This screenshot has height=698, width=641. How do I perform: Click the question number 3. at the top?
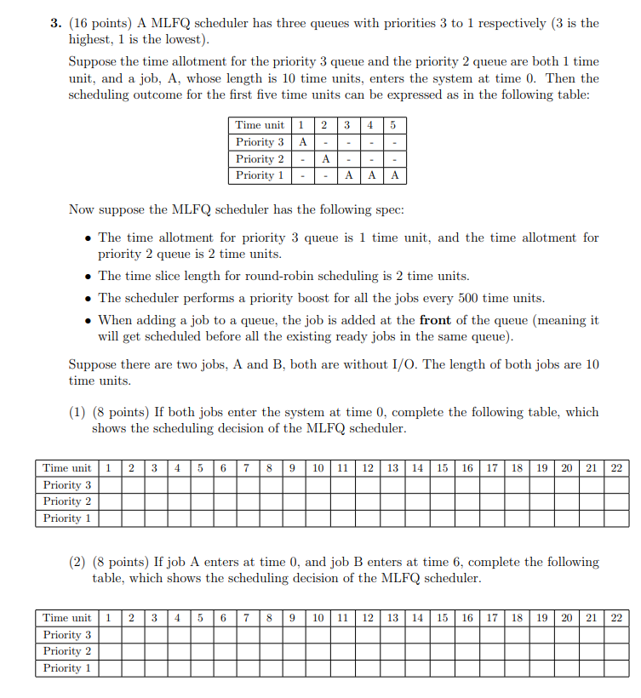55,23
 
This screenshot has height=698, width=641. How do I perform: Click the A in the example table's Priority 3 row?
301,142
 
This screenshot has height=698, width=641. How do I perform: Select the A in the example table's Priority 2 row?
324,159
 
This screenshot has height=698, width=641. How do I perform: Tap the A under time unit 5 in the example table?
394,175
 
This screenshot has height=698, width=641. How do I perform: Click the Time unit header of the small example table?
260,125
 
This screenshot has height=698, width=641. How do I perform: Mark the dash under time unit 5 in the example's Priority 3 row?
394,142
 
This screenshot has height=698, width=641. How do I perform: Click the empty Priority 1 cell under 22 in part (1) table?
616,518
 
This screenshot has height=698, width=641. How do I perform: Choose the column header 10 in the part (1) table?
317,468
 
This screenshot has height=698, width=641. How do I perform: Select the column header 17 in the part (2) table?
492,618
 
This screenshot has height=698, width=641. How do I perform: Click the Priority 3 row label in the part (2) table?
67,635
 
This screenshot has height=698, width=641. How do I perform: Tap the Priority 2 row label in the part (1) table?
67,501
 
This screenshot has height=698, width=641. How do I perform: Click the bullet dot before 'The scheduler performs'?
89,299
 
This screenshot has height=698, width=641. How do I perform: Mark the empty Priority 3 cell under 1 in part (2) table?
109,635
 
